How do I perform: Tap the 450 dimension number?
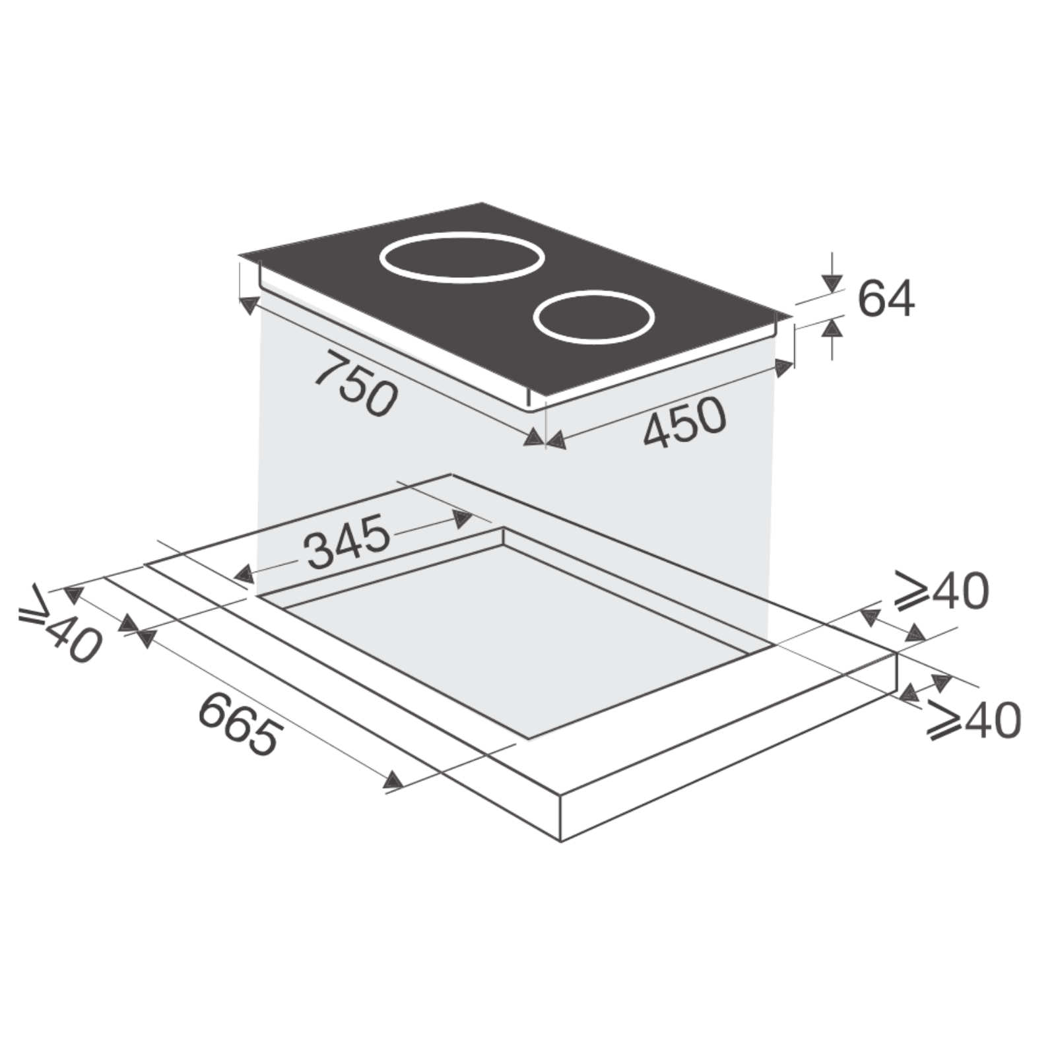coord(684,422)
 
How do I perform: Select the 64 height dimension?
coord(886,299)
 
